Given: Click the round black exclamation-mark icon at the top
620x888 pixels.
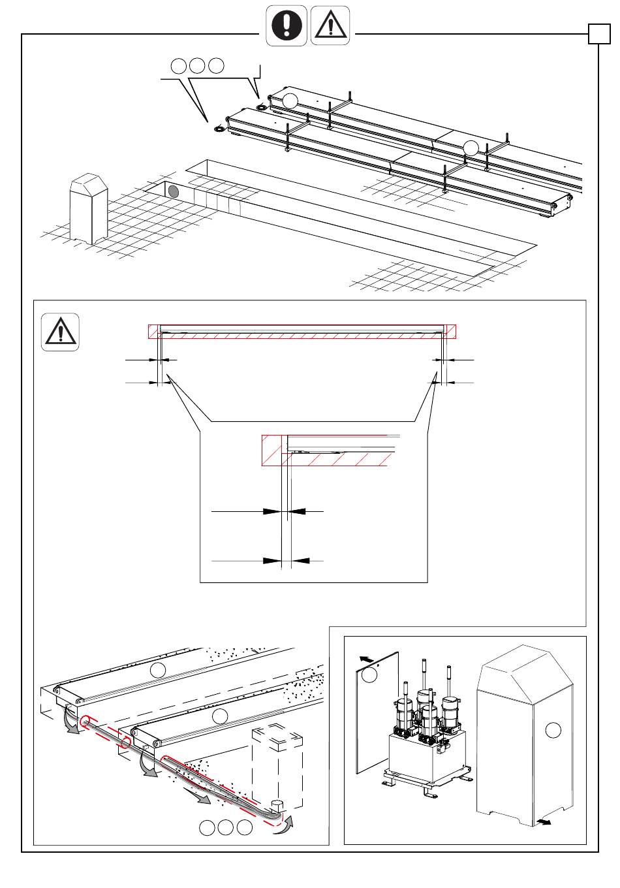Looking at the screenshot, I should click(x=286, y=26).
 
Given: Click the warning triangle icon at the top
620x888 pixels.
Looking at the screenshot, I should click(x=330, y=26).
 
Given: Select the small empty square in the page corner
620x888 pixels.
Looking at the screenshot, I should click(x=598, y=34).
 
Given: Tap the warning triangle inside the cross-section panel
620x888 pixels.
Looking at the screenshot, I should click(x=61, y=332).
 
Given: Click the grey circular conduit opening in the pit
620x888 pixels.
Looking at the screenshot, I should click(x=174, y=191).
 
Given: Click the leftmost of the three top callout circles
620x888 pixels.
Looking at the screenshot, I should click(x=178, y=65).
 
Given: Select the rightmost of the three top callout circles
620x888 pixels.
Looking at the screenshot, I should click(x=217, y=65).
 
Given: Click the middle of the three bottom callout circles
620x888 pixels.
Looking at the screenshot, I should click(x=225, y=827).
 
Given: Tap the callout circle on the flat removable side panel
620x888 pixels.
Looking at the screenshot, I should click(x=369, y=675).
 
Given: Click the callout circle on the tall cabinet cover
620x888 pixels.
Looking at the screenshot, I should click(x=553, y=730).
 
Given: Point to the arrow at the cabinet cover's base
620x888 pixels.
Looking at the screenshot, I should click(x=542, y=821).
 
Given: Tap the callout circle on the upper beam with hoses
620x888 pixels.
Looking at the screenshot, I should click(x=157, y=669).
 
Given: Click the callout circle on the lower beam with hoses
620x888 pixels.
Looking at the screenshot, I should click(x=221, y=716).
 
